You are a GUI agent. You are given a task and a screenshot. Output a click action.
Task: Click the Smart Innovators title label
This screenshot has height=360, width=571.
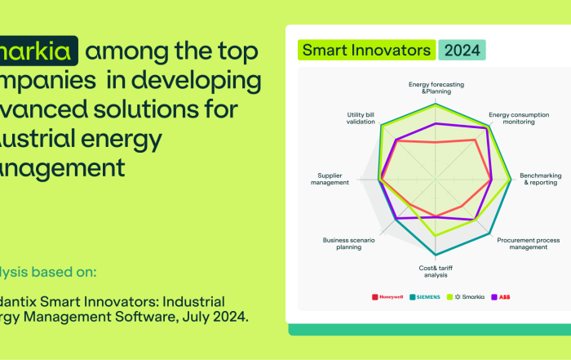pyautogui.click(x=366, y=50)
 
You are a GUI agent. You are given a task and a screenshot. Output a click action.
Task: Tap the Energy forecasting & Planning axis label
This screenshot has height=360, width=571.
pyautogui.click(x=430, y=87)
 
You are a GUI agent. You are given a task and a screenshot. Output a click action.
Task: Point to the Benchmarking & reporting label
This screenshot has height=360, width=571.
pyautogui.click(x=538, y=179)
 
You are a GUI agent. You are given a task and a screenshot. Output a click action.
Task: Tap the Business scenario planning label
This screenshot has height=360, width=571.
pyautogui.click(x=347, y=243)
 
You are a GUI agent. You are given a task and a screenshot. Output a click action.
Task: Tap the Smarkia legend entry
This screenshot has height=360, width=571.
pyautogui.click(x=470, y=296)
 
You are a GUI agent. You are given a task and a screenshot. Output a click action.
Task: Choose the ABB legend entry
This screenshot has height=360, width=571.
pyautogui.click(x=501, y=296)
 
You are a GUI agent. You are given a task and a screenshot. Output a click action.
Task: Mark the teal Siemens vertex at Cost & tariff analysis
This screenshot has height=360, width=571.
pyautogui.click(x=436, y=254)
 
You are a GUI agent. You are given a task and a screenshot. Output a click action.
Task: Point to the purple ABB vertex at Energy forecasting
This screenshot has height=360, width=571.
pyautogui.click(x=436, y=123)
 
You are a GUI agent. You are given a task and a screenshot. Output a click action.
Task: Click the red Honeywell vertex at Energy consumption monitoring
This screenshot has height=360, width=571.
pyautogui.click(x=475, y=140)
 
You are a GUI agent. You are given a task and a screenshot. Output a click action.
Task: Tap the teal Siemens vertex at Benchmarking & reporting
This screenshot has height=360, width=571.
pyautogui.click(x=512, y=180)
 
